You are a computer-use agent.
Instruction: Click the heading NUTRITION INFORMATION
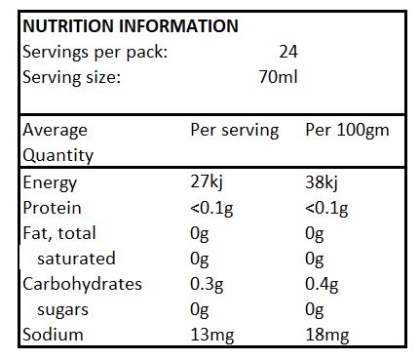130,26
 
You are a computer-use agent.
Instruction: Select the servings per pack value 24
287,52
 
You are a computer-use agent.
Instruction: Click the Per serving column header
234,130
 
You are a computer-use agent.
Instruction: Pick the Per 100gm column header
348,130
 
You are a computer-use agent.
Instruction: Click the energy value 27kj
207,182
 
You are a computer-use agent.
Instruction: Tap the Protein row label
52,208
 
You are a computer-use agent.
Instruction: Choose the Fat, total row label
59,233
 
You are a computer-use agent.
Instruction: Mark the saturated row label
76,259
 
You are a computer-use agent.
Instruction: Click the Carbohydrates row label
82,284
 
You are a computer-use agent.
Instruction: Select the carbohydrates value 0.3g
208,284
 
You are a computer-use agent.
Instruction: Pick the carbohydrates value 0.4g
324,284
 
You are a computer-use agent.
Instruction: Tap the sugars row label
63,309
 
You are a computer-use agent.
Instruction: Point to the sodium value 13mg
212,335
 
